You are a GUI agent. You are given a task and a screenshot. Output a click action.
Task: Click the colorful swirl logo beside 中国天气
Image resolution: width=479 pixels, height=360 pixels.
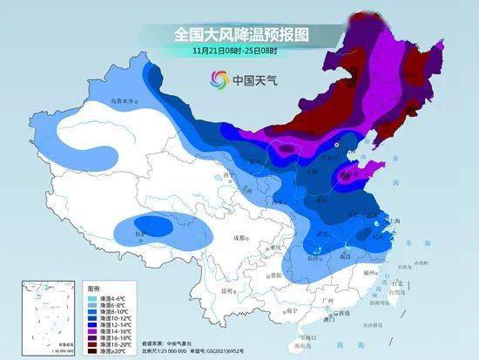click(216, 80)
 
